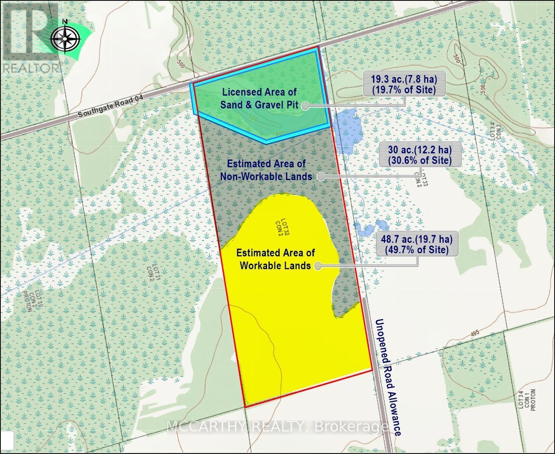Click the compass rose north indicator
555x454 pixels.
[65, 38]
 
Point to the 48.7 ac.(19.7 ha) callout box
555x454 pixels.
[417, 244]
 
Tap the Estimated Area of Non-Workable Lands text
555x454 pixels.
[266, 170]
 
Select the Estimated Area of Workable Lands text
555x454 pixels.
[276, 259]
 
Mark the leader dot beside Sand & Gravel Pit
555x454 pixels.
[305, 105]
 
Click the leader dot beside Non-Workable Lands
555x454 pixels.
[321, 176]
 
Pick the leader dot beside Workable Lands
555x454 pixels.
[318, 266]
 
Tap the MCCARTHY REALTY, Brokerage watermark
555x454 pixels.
[276, 427]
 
